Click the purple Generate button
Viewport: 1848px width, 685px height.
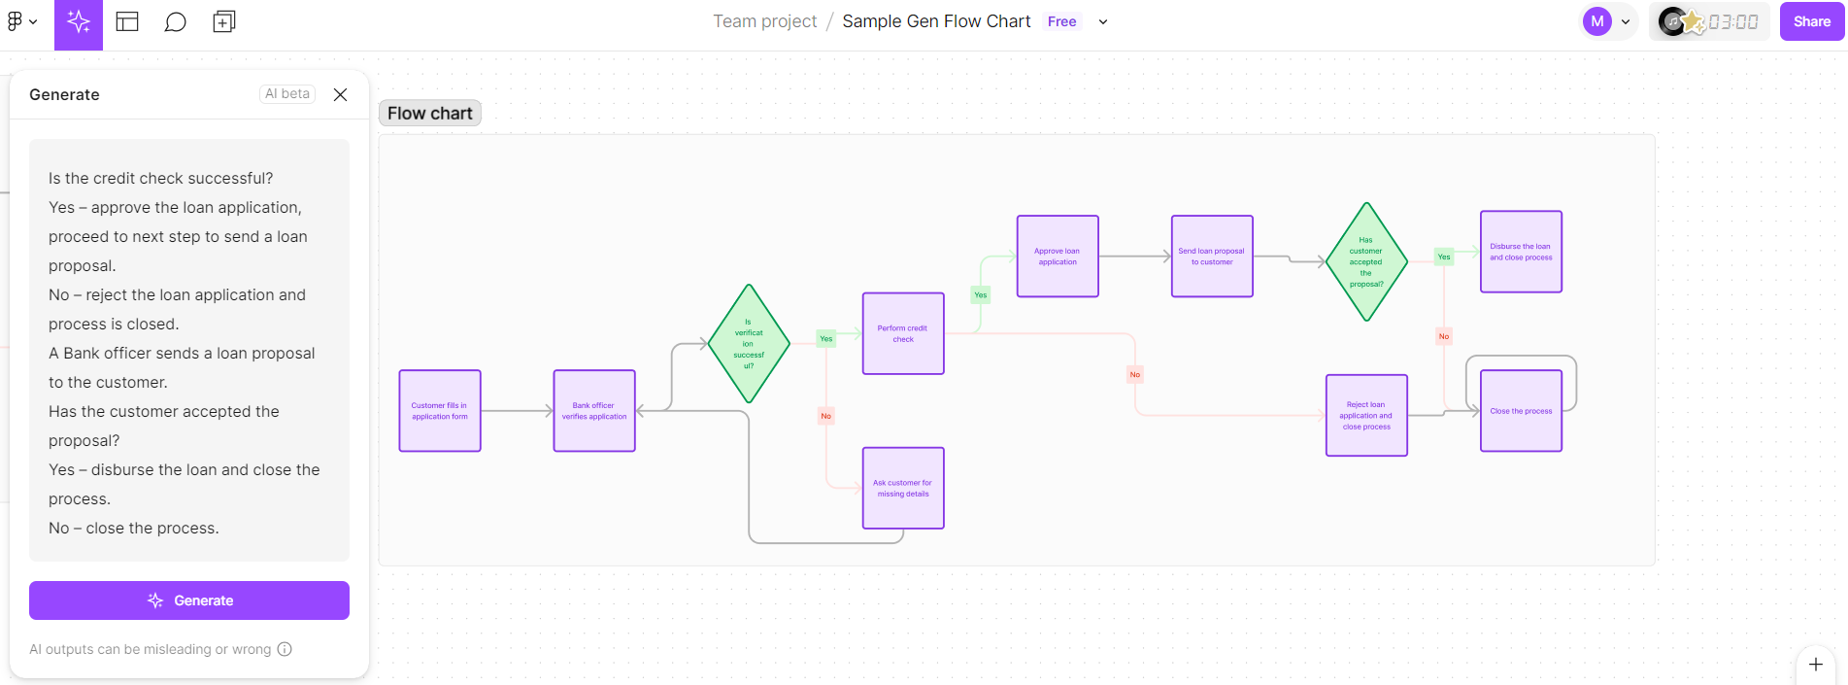pos(189,600)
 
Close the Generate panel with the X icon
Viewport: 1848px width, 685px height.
pos(340,94)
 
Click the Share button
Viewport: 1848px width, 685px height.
pos(1811,21)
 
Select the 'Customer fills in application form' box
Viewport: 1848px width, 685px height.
pos(440,411)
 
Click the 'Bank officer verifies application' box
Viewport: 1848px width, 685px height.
pos(594,411)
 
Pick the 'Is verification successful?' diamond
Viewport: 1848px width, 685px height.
pos(749,344)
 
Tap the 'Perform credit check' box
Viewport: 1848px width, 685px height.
pos(903,333)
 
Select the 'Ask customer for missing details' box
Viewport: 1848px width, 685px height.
pos(903,488)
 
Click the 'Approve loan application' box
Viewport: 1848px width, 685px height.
pos(1058,257)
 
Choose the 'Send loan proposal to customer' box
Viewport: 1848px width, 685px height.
pos(1212,257)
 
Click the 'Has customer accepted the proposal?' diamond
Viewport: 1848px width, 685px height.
pos(1366,261)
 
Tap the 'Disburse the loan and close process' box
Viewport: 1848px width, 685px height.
pos(1521,252)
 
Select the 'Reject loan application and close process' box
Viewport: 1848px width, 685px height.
pos(1366,415)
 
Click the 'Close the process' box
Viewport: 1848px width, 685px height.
pos(1521,411)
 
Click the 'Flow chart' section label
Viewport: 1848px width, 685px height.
pos(430,114)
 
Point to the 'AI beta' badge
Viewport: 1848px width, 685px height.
pos(287,93)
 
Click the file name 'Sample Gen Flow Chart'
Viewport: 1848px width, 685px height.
pos(936,21)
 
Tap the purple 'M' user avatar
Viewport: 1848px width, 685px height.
pos(1596,21)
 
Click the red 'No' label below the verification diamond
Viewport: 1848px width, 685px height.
pos(826,416)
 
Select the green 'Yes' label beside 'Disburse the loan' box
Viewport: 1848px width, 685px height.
pos(1444,257)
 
